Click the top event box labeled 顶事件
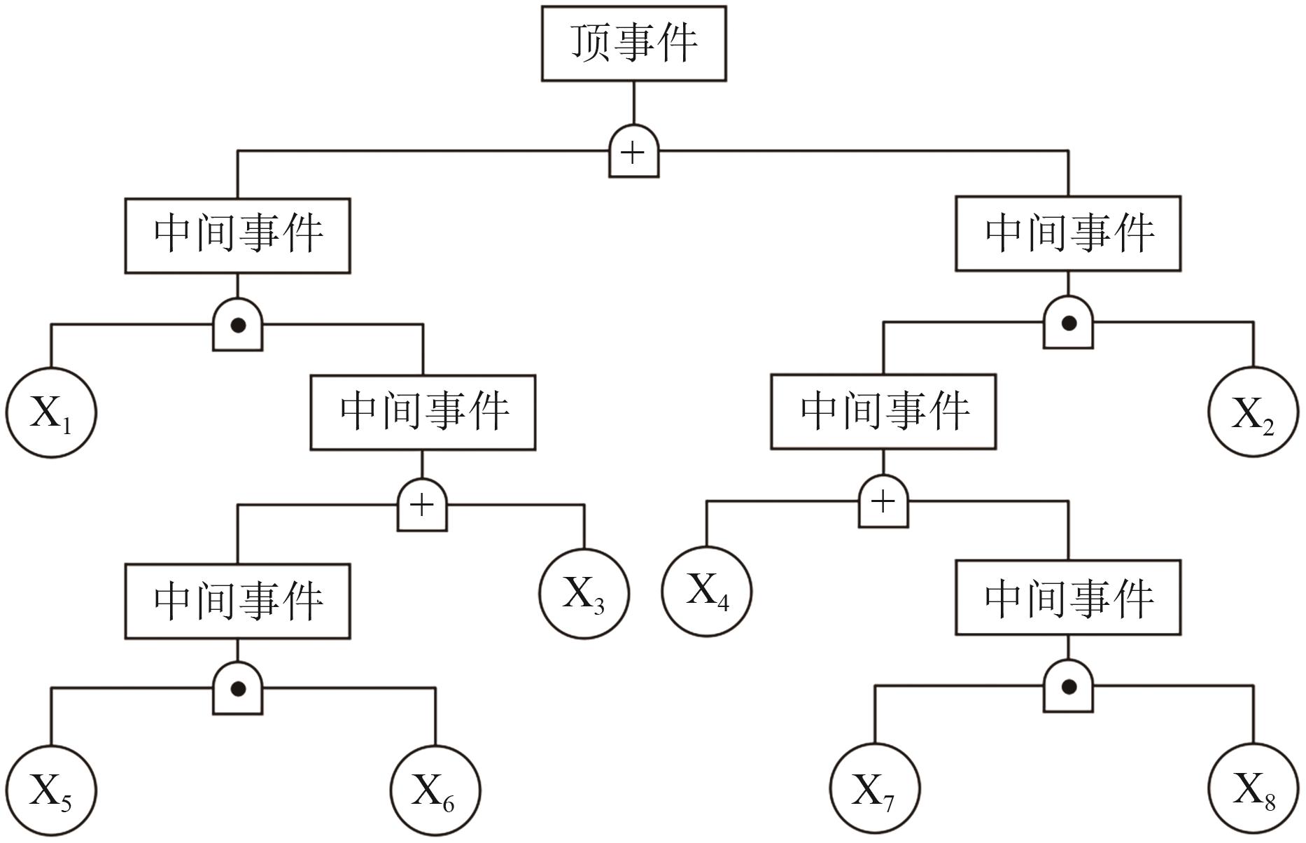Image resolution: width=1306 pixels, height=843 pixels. (633, 43)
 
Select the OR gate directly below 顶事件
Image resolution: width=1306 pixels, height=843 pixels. (633, 152)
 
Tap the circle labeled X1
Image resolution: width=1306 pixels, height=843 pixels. (51, 412)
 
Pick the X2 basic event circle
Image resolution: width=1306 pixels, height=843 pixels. (1254, 412)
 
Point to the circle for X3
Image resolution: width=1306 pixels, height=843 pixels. (584, 593)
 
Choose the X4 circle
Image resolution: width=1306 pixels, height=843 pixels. (707, 590)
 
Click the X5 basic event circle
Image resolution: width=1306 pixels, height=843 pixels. (51, 791)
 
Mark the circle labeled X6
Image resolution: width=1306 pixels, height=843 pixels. (435, 790)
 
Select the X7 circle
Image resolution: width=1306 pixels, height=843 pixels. (875, 790)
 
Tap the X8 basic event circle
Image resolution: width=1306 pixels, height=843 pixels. (1254, 790)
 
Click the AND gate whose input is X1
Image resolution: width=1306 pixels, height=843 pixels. (237, 325)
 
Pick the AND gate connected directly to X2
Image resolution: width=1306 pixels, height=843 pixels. (1068, 323)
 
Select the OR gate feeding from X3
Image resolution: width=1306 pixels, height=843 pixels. (422, 505)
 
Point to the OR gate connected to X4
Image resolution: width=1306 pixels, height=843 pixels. (883, 501)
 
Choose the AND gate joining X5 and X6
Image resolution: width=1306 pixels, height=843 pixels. (237, 689)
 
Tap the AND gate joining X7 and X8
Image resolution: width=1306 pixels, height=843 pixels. (1068, 687)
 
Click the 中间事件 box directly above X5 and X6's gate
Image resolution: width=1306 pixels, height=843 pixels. (237, 601)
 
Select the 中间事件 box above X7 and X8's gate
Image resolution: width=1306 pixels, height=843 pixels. (1068, 598)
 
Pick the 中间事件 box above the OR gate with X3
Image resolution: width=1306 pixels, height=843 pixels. (423, 412)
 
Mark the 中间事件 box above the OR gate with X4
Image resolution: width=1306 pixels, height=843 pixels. (883, 412)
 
